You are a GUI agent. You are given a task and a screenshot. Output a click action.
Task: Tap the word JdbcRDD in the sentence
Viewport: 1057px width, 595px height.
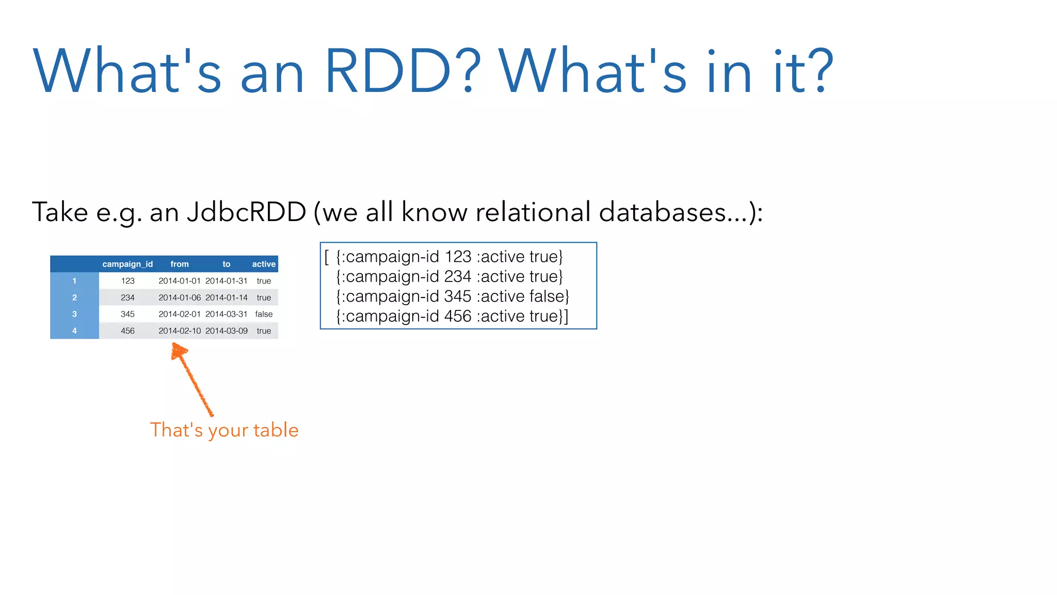[x=247, y=212]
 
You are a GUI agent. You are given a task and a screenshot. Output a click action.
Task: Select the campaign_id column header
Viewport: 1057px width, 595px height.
[x=127, y=264]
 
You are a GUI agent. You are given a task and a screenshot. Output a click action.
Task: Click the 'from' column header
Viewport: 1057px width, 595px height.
[x=180, y=264]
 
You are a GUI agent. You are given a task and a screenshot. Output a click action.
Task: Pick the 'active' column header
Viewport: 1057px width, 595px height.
[x=264, y=264]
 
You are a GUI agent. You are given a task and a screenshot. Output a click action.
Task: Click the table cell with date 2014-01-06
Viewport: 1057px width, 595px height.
[x=180, y=297]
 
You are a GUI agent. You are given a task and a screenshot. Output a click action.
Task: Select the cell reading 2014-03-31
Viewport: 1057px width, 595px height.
[x=227, y=314]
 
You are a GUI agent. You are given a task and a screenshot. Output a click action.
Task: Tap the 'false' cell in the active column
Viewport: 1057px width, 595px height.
[x=264, y=314]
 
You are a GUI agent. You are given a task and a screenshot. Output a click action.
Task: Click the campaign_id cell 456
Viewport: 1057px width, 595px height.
[x=127, y=331]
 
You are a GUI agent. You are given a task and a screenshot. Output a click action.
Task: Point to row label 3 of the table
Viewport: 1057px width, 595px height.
[x=74, y=314]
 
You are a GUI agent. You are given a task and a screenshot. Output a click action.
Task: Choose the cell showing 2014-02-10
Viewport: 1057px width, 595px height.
[x=180, y=331]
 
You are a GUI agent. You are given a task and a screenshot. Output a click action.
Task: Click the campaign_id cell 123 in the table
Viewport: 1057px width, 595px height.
[x=127, y=281]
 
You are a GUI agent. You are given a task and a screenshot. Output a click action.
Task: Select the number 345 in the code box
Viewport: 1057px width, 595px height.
[x=458, y=296]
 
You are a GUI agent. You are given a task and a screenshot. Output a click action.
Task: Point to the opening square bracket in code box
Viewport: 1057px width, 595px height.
[x=327, y=257]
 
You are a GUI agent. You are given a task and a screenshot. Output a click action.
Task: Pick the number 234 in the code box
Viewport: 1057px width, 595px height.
[x=458, y=277]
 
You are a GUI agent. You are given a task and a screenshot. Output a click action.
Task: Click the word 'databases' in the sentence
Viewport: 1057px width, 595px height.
[x=663, y=212]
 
